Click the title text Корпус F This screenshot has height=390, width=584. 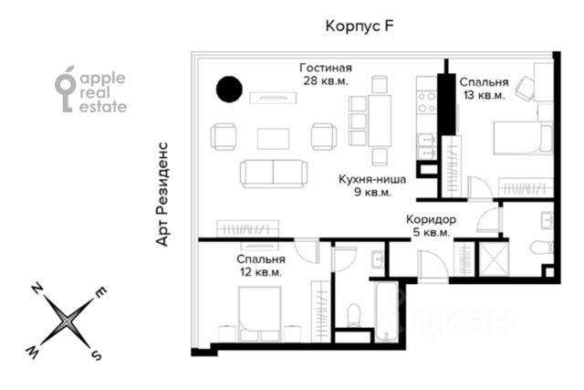click(360, 26)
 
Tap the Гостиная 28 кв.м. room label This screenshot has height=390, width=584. click(326, 74)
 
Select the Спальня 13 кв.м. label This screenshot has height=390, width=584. click(484, 89)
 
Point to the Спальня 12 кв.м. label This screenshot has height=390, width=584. click(261, 266)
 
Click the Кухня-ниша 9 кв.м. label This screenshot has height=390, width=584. click(372, 185)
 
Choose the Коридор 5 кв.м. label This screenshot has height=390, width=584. click(432, 226)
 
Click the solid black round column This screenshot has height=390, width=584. click(229, 90)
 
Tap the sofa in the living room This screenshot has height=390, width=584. click(274, 174)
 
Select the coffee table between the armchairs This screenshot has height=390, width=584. click(273, 139)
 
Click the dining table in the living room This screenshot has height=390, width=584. click(380, 121)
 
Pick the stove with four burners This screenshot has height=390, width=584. click(427, 102)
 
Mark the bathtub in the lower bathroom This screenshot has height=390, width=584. click(387, 311)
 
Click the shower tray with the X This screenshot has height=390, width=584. click(494, 260)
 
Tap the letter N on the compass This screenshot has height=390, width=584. click(36, 289)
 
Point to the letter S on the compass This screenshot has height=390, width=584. click(97, 355)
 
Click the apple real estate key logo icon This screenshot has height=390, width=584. click(65, 90)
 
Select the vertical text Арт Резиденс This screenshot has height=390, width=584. click(162, 194)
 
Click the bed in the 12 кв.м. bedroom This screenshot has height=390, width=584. click(259, 314)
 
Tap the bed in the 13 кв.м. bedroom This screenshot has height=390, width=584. click(523, 137)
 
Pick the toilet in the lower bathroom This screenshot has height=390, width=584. click(353, 315)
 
